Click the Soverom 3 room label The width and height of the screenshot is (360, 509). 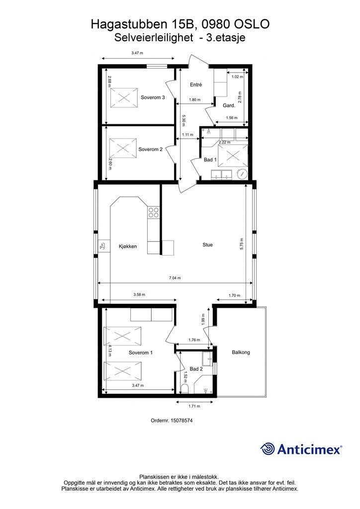click(x=153, y=97)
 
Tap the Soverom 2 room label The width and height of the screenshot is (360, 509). click(x=151, y=149)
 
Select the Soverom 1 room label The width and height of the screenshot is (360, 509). click(x=141, y=353)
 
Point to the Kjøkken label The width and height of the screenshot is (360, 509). click(x=127, y=247)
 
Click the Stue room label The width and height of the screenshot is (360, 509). click(x=207, y=245)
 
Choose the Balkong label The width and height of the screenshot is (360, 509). click(x=241, y=352)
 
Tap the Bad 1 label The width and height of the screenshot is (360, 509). click(x=210, y=160)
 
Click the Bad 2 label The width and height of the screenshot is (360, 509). click(x=196, y=369)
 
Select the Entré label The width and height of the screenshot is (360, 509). click(x=196, y=85)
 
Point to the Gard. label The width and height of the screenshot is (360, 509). click(x=229, y=105)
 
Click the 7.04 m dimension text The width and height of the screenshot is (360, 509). click(x=175, y=278)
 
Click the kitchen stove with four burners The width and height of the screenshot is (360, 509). click(x=154, y=213)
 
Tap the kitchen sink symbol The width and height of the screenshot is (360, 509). click(x=103, y=246)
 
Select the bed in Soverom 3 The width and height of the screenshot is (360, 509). click(x=124, y=97)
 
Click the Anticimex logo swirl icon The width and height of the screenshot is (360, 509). click(x=268, y=449)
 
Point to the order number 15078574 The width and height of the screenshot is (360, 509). click(x=172, y=420)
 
